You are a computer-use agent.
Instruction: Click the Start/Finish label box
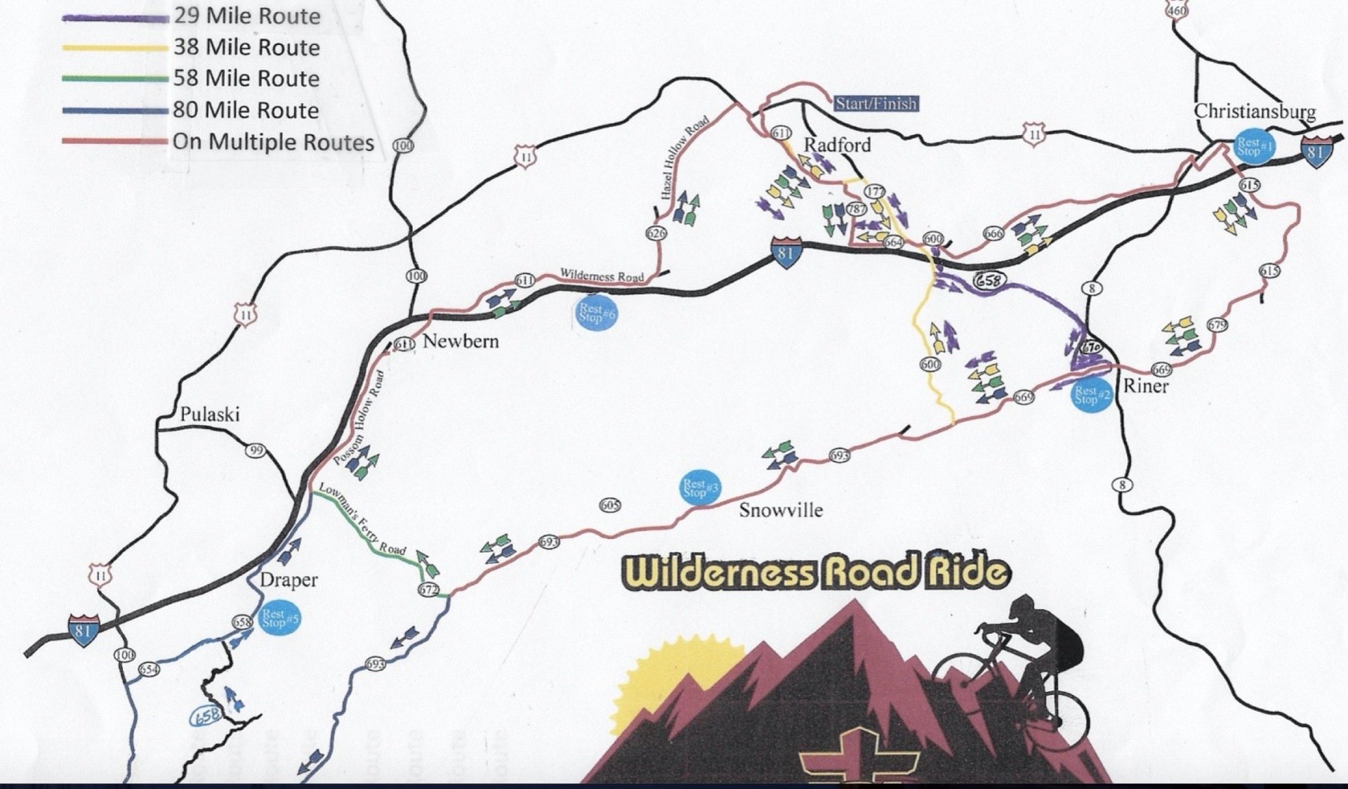click(x=875, y=104)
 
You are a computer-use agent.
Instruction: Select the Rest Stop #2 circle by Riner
click(x=1092, y=396)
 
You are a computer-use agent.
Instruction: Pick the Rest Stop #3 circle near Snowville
click(x=701, y=488)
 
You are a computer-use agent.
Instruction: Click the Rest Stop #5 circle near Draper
click(x=281, y=618)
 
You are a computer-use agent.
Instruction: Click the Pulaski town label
click(x=210, y=414)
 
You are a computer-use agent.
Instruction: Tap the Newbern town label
click(x=461, y=341)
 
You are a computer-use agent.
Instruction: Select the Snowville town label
click(x=781, y=510)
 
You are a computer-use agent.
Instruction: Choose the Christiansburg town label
click(x=1255, y=111)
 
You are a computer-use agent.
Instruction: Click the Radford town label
click(x=837, y=145)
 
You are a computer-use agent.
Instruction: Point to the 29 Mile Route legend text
click(x=247, y=16)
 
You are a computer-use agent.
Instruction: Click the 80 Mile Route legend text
click(x=246, y=110)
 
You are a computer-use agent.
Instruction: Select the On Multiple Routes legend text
click(x=273, y=142)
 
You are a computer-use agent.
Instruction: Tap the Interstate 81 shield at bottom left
click(x=82, y=629)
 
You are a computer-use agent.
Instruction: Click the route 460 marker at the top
click(x=1177, y=10)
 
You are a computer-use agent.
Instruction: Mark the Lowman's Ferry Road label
click(x=362, y=519)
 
